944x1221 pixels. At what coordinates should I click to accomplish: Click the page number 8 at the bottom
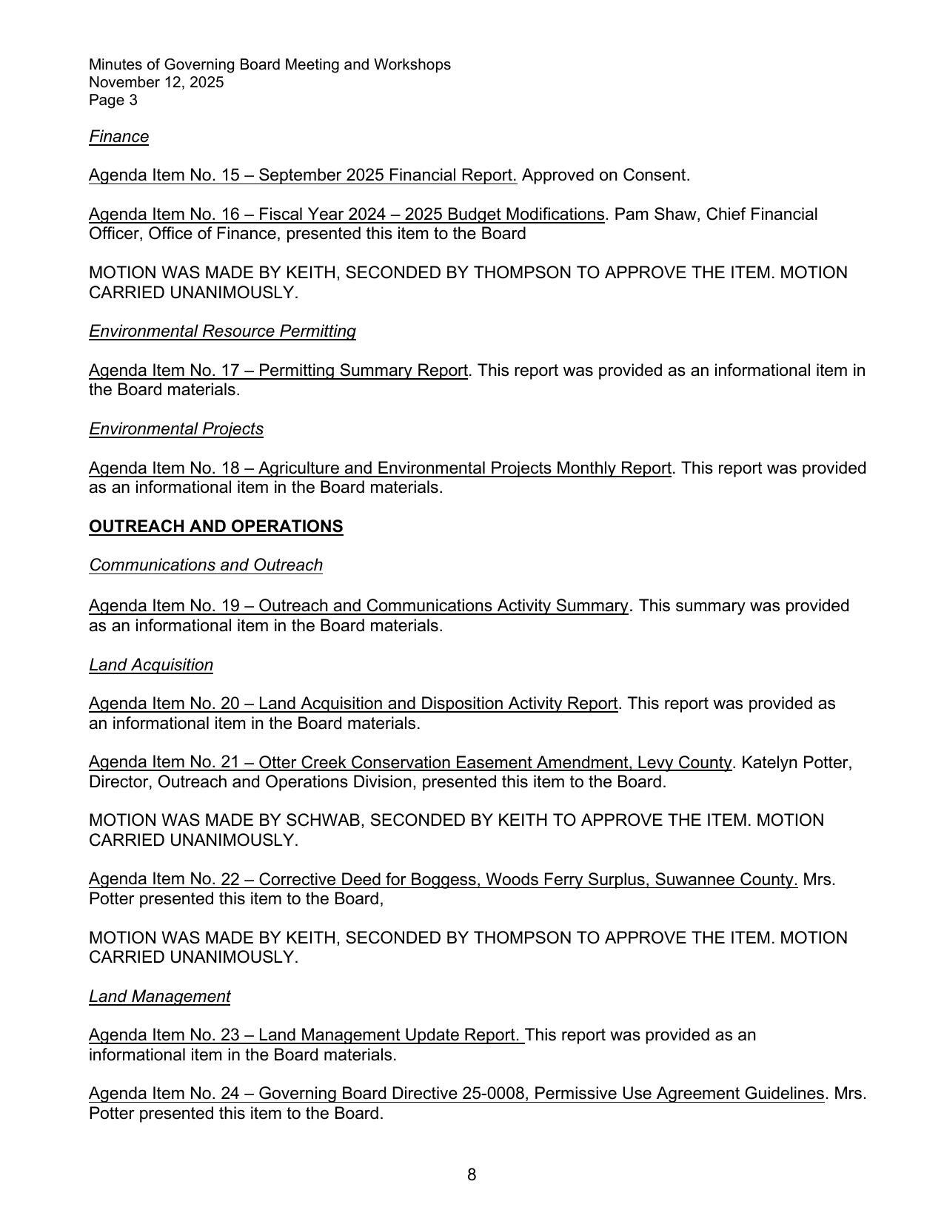[x=471, y=1174]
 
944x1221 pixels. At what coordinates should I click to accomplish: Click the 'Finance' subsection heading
[x=118, y=137]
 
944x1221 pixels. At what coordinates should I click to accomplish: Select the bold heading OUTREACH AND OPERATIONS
[x=215, y=526]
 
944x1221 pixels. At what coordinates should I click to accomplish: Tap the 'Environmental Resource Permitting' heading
[x=222, y=331]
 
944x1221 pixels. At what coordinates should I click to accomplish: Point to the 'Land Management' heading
[x=159, y=996]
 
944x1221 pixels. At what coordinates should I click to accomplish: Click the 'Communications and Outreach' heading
[x=206, y=565]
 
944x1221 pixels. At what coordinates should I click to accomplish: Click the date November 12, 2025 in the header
[x=156, y=82]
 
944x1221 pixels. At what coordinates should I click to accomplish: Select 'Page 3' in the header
[x=113, y=100]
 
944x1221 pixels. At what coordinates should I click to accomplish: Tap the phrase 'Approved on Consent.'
[x=606, y=175]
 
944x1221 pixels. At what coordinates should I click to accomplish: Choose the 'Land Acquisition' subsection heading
[x=151, y=665]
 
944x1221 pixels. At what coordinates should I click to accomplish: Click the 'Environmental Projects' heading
[x=176, y=429]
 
